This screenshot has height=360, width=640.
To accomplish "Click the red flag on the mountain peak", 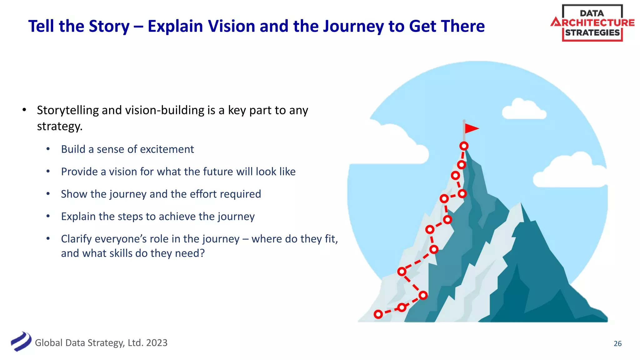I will [x=471, y=128].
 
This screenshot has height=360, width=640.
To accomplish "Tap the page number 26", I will [x=617, y=343].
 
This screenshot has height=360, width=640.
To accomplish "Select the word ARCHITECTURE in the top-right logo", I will [x=592, y=23].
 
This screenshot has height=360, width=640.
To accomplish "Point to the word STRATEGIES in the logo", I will [x=592, y=33].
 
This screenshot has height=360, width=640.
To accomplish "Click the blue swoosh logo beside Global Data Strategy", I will [x=21, y=342].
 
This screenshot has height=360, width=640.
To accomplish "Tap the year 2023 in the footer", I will [x=157, y=343].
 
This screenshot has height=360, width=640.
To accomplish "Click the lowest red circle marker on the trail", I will [x=378, y=314].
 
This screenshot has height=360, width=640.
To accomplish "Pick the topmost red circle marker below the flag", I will [x=464, y=146].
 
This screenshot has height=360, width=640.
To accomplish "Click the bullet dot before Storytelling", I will [x=24, y=110].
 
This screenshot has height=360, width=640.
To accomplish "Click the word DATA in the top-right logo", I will [x=592, y=13].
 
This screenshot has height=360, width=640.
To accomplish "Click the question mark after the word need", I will [x=202, y=253].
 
